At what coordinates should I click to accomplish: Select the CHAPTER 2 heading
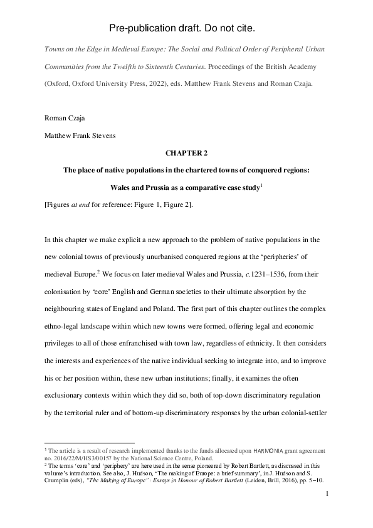click(x=186, y=152)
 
